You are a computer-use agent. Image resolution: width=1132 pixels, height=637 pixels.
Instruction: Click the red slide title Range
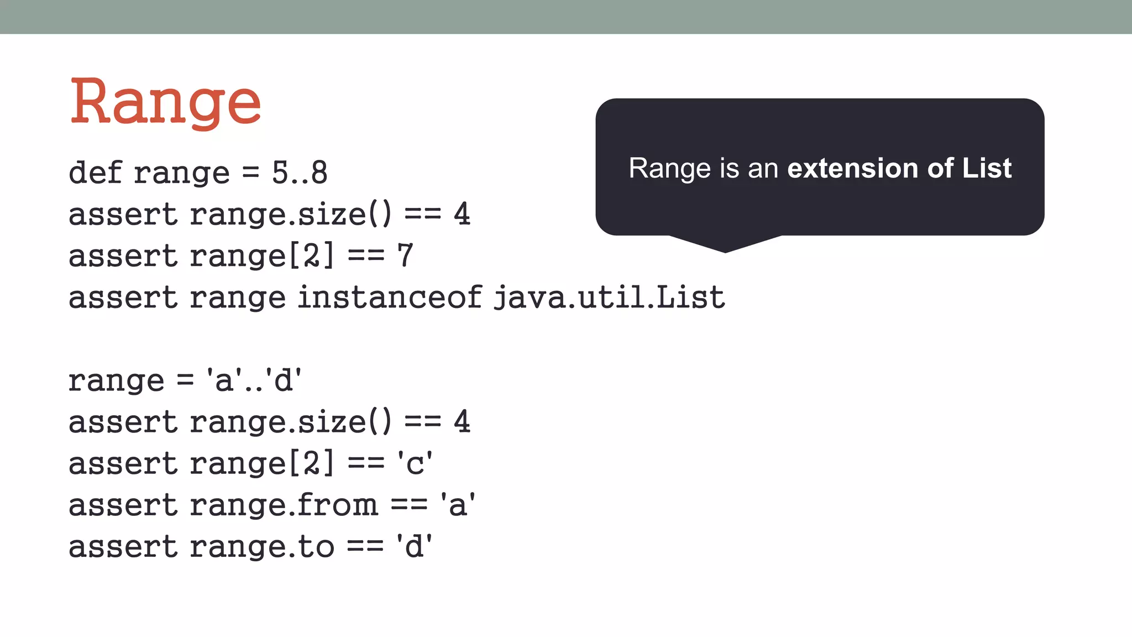165,103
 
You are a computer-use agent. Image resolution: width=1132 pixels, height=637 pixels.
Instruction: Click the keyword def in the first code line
95,173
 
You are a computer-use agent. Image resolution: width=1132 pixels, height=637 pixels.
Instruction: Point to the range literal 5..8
300,173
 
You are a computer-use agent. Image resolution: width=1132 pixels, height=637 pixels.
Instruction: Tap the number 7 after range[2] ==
405,255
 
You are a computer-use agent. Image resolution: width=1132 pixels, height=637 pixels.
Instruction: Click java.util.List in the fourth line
609,297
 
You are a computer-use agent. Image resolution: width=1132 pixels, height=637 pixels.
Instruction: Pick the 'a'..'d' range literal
254,380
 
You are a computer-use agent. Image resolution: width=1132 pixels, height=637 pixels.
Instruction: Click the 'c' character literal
414,463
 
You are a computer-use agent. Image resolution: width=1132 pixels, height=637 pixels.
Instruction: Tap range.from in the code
284,505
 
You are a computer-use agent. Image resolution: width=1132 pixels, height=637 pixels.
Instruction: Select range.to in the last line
262,546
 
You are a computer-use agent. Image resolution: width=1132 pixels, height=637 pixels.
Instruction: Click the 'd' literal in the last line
414,546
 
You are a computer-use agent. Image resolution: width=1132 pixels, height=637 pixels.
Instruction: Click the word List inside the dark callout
987,168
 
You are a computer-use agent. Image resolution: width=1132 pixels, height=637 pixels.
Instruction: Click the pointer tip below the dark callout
725,250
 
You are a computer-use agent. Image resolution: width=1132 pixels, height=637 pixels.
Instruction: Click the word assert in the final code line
123,546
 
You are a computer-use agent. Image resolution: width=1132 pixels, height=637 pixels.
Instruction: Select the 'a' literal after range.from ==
458,505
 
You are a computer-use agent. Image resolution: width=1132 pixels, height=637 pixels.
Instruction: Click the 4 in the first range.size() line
462,214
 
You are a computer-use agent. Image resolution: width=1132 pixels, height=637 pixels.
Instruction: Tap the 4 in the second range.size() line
462,422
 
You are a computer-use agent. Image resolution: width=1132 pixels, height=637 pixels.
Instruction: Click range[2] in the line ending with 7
262,255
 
